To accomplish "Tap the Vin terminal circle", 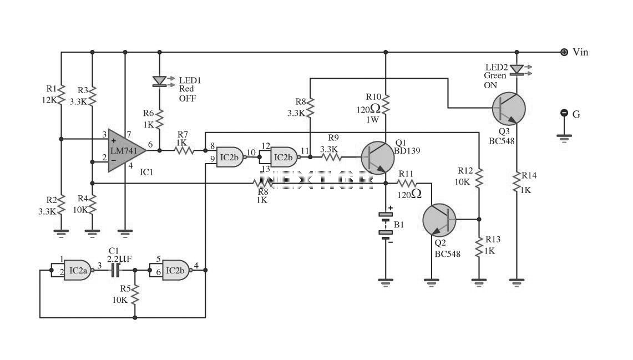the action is coord(564,52).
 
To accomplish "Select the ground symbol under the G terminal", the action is coord(564,138).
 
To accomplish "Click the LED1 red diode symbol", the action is coord(159,81).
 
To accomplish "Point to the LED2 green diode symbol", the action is coord(516,70).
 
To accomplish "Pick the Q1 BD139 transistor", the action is coord(377,158).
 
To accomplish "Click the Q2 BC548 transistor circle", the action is coord(439,220).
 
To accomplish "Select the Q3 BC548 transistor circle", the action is coord(509,109).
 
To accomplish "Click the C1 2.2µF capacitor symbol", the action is coord(115,270).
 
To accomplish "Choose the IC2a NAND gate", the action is coord(78,270).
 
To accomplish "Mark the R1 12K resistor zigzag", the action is coord(61,95).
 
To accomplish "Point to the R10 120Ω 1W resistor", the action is coord(386,104).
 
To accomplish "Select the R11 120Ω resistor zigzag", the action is coord(407,184).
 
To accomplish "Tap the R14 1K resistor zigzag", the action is coord(516,182).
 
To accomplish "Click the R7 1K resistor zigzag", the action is coord(184,150).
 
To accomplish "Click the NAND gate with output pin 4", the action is coord(176,270).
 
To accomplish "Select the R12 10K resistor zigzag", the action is coord(479,178).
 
